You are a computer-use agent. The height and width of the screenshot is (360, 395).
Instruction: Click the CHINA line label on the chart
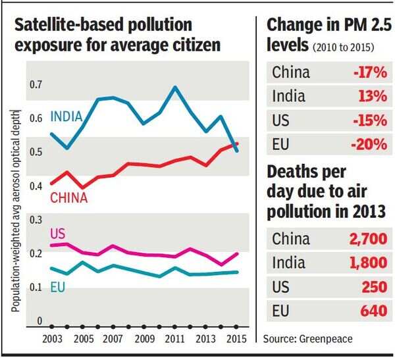pos(69,197)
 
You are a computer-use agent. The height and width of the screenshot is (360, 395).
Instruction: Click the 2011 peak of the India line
pos(174,87)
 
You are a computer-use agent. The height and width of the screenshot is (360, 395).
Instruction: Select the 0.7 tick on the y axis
pos(35,84)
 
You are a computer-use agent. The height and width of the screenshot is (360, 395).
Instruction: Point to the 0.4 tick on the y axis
pos(35,186)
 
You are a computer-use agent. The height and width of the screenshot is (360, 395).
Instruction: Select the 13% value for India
pos(372,96)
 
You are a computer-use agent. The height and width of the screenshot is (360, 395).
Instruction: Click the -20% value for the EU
pos(369,145)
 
